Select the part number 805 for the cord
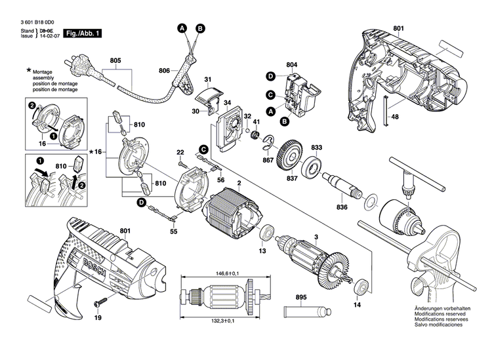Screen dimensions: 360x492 116,61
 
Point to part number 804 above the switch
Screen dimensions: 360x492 292,64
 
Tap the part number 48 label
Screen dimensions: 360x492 396,117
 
